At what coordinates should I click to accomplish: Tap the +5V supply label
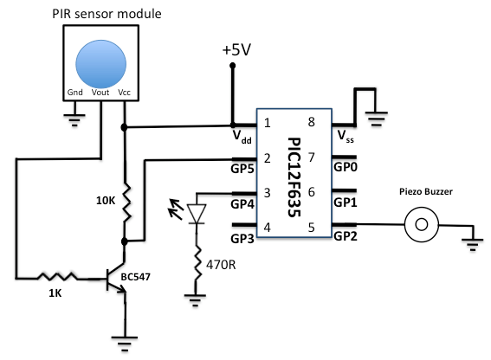(x=236, y=50)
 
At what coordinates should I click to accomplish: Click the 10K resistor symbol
(x=126, y=201)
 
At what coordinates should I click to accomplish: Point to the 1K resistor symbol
(x=56, y=278)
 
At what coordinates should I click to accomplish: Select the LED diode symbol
(x=197, y=212)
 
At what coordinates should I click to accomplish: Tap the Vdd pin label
(x=242, y=137)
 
